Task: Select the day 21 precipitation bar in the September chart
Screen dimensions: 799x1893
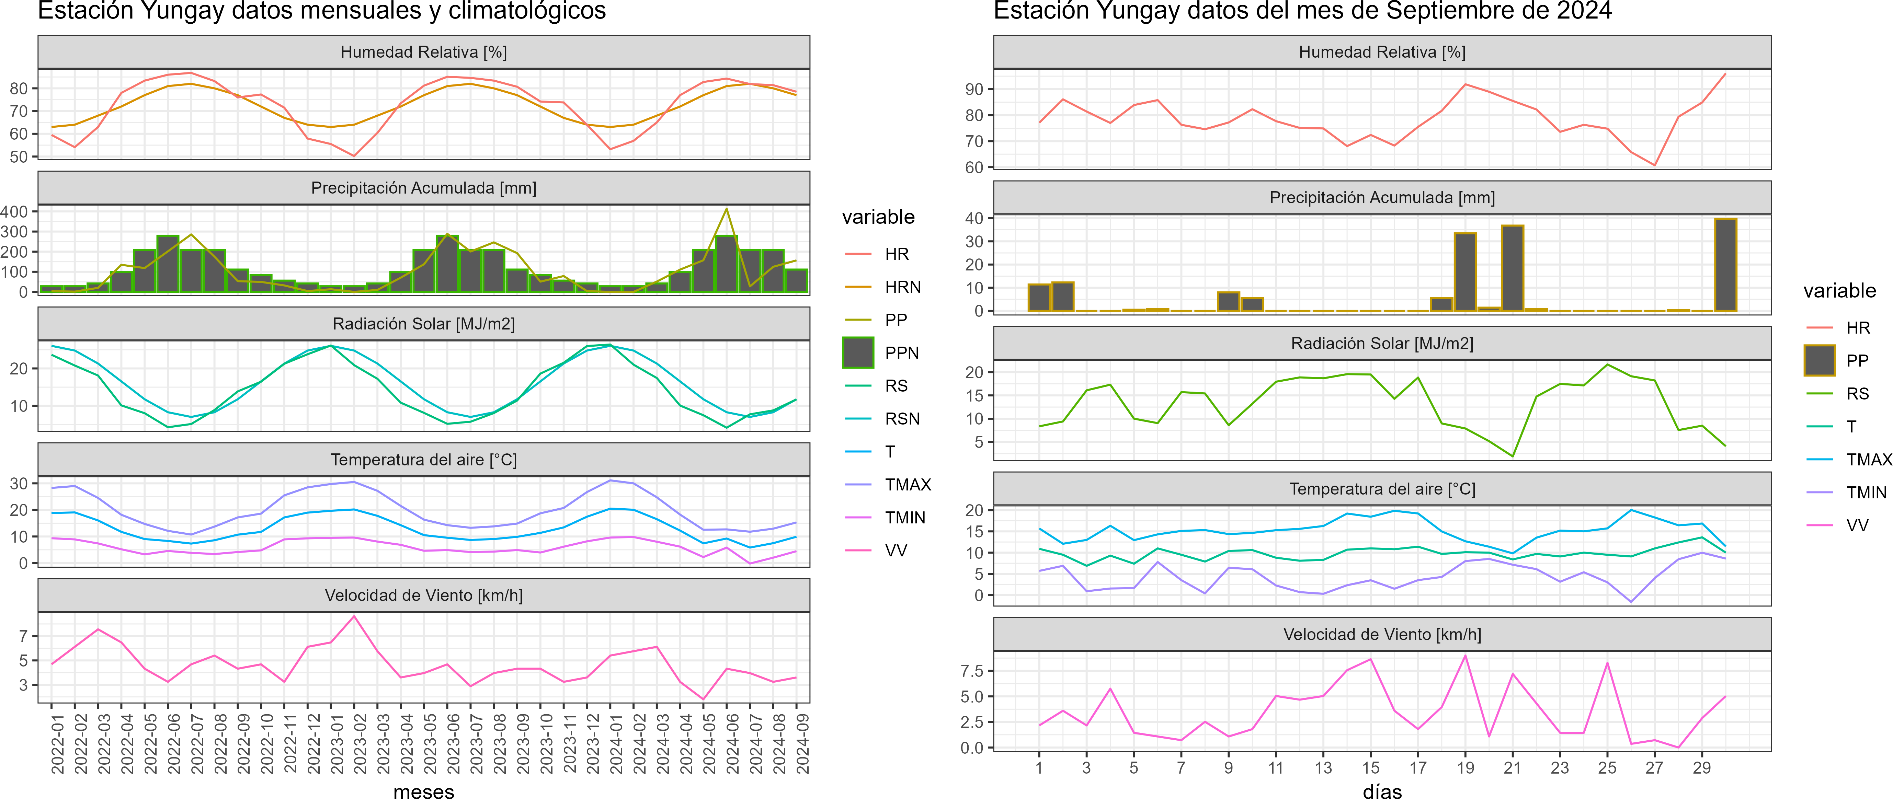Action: point(1512,268)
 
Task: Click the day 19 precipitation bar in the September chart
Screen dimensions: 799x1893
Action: point(1465,272)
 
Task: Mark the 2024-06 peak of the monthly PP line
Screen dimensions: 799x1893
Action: point(727,209)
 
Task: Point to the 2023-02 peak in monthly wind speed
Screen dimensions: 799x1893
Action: point(354,616)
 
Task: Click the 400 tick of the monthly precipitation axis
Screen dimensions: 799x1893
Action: point(15,211)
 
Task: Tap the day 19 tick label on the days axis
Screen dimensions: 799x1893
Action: point(1465,767)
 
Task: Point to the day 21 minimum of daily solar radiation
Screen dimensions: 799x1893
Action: point(1512,456)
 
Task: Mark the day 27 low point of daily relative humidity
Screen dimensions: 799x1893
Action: point(1654,165)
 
